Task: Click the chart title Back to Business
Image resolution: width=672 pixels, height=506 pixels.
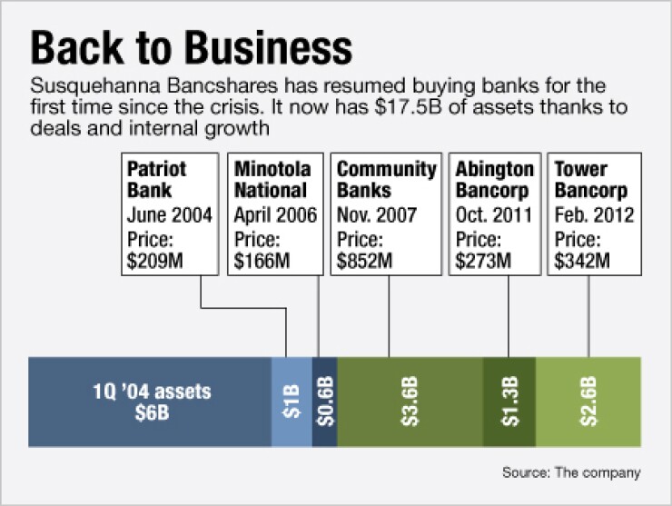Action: pos(191,47)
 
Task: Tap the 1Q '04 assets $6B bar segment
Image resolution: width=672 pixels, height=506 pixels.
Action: pos(150,402)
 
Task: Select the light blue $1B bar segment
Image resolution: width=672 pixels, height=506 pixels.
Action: pos(292,402)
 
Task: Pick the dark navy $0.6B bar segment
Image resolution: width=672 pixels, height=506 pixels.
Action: pos(325,402)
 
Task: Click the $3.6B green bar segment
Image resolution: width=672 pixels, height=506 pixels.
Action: pos(410,402)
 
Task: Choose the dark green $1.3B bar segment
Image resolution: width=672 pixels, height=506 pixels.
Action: pos(509,402)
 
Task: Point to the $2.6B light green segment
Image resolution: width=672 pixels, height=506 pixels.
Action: pos(588,402)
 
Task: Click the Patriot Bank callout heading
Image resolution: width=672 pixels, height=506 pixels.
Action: pos(157,180)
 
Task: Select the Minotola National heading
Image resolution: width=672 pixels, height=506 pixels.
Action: pos(272,180)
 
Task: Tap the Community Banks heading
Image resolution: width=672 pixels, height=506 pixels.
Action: pos(387,180)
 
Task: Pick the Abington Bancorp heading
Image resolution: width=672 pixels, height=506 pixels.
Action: pos(495,180)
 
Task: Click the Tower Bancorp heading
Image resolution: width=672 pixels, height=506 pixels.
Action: pos(591,180)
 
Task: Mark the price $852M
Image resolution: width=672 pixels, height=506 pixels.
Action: pos(364,261)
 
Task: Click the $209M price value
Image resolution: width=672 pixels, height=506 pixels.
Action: pos(154,261)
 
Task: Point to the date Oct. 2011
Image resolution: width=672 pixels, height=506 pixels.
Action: pos(494,214)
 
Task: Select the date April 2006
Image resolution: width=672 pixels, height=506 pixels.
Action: pos(275,215)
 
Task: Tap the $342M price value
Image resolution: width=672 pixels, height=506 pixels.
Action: pos(582,261)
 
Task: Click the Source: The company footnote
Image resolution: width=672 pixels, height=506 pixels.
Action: pos(571,472)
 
